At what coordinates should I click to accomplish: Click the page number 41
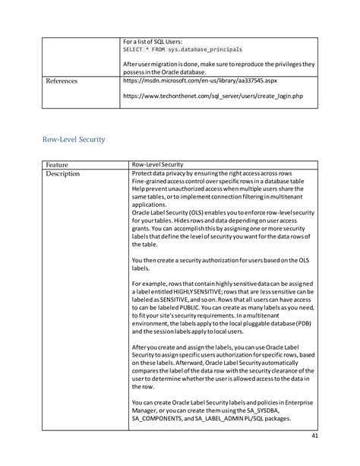(x=314, y=436)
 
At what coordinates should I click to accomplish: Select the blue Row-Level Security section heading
(x=73, y=139)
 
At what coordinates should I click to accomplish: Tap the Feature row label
(x=57, y=164)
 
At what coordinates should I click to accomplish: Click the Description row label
(x=62, y=173)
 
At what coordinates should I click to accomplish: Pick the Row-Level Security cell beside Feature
(x=157, y=164)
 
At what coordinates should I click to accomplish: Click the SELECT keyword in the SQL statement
(x=133, y=49)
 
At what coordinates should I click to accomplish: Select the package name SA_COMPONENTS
(x=155, y=417)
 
